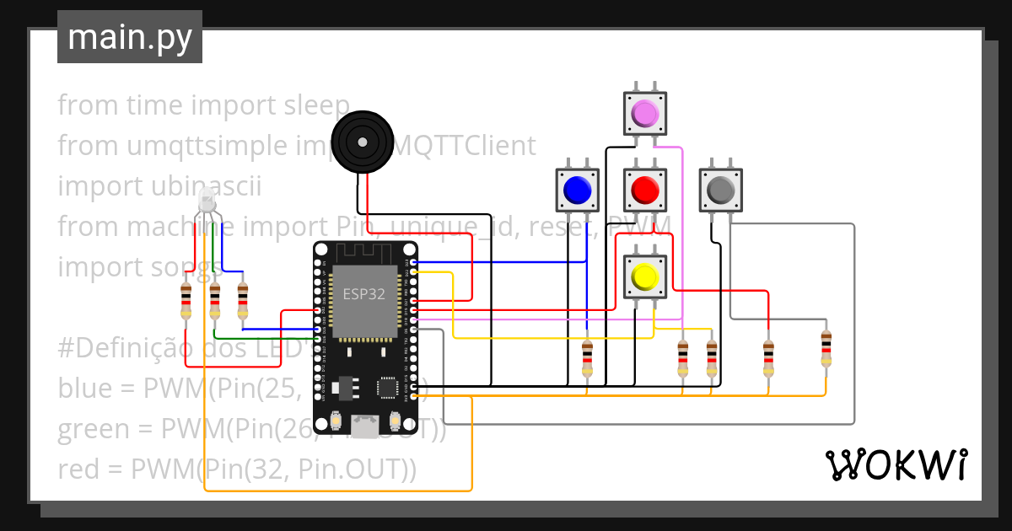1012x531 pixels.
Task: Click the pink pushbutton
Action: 644,112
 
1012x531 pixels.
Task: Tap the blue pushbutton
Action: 577,190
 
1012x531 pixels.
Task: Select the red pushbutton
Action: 645,190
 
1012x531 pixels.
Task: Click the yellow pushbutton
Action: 645,276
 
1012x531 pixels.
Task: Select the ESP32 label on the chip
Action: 363,294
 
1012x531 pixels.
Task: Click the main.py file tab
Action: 129,37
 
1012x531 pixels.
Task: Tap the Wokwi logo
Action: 896,464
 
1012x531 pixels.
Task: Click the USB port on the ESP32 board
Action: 365,427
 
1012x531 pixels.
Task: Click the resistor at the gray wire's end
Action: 826,348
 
